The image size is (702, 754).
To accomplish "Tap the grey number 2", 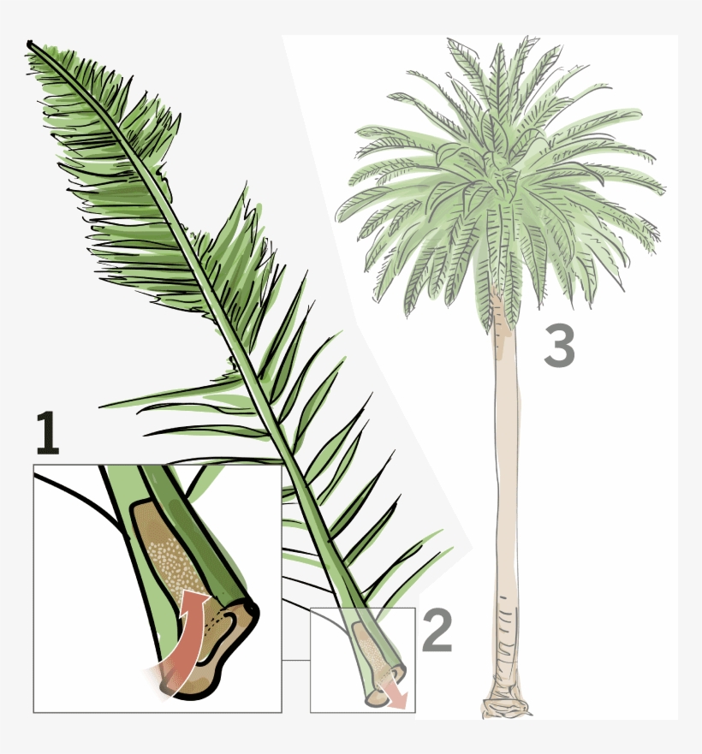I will pos(437,632).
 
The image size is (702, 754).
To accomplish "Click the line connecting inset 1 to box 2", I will pos(295,659).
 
